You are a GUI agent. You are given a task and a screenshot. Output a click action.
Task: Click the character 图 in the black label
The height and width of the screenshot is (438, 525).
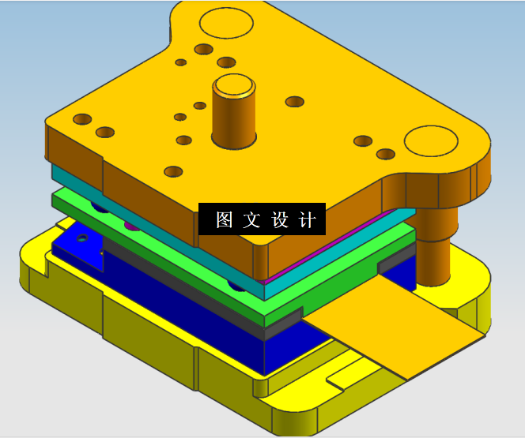[224, 220]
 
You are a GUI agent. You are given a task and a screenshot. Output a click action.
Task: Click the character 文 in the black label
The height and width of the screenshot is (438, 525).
[251, 220]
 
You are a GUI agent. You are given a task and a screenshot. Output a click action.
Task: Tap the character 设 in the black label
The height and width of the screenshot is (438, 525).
[280, 220]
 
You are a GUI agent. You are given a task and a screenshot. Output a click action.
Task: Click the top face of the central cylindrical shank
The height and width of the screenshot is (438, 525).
[234, 86]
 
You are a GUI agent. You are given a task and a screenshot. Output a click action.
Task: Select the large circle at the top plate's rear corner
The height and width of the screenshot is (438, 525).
[226, 22]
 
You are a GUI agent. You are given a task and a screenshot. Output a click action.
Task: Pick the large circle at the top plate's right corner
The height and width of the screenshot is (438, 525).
[431, 142]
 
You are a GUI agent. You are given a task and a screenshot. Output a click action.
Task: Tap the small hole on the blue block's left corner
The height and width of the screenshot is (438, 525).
[81, 238]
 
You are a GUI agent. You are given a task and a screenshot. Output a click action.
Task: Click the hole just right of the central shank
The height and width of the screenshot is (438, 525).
[294, 102]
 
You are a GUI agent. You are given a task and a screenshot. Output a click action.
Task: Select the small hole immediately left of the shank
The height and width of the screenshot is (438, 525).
[200, 106]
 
